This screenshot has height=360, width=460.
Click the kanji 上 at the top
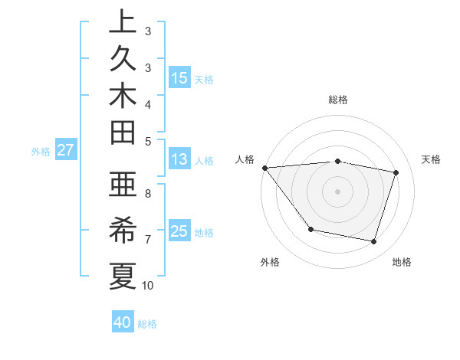[123, 22]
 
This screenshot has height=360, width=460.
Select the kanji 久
[123, 60]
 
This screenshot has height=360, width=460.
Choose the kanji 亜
[123, 184]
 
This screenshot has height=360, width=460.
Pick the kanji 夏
[123, 274]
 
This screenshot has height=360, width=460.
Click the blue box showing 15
[179, 77]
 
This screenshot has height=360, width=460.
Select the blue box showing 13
[179, 159]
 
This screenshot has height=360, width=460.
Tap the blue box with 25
[179, 231]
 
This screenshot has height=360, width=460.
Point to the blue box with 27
[66, 150]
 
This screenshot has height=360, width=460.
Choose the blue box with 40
[123, 322]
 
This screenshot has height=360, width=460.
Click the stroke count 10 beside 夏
[148, 286]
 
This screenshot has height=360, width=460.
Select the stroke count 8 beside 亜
[148, 195]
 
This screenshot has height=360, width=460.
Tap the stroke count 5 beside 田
[148, 140]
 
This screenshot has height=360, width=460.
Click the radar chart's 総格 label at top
[337, 100]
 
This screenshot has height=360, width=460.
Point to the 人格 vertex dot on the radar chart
[264, 168]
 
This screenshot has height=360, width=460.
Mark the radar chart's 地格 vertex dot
[374, 242]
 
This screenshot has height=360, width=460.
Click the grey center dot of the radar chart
[337, 191]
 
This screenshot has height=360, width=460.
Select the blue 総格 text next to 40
[148, 324]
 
